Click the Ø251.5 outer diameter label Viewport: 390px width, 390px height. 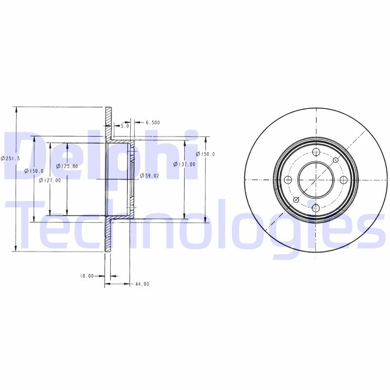(10, 158)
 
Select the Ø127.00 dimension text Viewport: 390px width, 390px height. (50, 180)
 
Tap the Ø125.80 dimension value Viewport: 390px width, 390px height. (67, 166)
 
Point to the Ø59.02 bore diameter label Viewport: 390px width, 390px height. (150, 175)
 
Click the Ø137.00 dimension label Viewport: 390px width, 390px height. (184, 164)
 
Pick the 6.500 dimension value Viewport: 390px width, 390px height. (153, 122)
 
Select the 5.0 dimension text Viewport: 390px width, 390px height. (125, 126)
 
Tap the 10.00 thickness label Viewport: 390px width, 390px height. (87, 276)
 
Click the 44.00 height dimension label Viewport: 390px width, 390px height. (142, 284)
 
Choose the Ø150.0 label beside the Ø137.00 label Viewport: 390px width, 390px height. (205, 154)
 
